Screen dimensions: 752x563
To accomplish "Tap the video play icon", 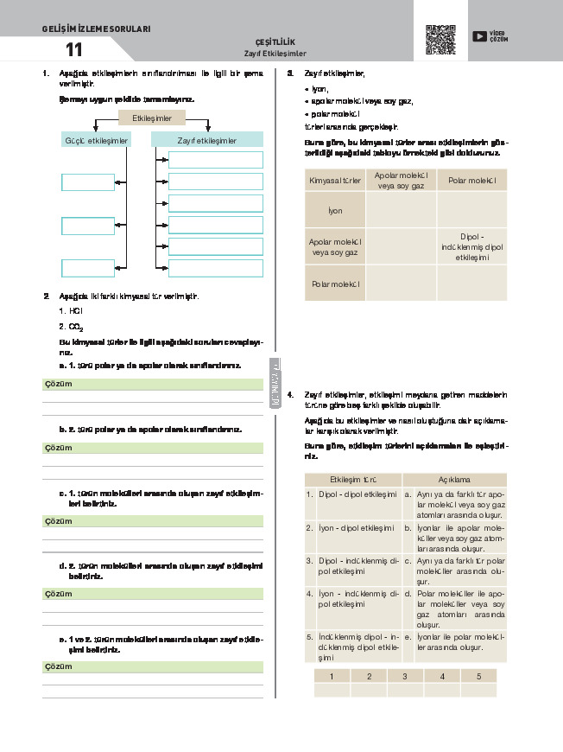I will (478, 35).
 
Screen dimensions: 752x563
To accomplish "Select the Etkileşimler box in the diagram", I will (151, 118).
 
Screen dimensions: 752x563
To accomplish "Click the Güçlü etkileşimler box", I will (97, 140).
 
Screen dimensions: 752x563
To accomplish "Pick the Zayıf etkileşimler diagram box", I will (207, 140).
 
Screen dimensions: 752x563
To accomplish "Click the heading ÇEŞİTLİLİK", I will (275, 42).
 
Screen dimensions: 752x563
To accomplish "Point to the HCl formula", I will (74, 309).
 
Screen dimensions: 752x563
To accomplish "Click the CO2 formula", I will (74, 326).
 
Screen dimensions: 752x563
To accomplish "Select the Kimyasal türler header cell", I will (335, 180).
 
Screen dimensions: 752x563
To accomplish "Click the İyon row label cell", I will (335, 210).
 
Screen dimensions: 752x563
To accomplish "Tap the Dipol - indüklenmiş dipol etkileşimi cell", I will (471, 246).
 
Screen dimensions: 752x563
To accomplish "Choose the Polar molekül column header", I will (471, 180).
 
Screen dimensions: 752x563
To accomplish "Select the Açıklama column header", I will (454, 479).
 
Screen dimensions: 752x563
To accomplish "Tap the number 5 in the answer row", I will (478, 675).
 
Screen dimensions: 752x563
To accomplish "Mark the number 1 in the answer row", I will (332, 675).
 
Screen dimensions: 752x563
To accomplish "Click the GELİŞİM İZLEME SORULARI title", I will (96, 29).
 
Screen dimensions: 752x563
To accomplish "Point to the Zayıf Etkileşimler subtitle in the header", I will (275, 54).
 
